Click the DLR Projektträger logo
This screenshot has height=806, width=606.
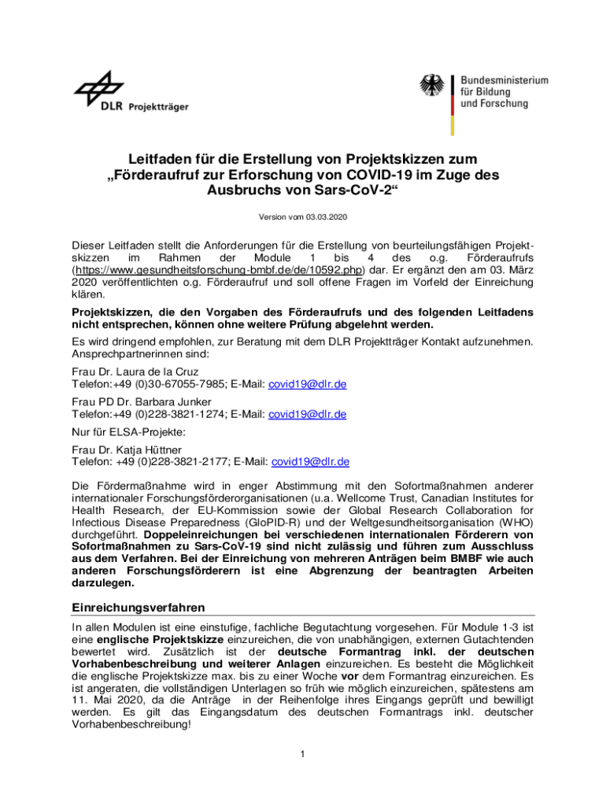click(x=131, y=93)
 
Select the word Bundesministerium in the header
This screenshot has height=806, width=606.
click(x=504, y=81)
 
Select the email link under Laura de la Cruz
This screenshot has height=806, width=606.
click(x=308, y=384)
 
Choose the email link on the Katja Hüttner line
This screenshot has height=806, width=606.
click(x=310, y=461)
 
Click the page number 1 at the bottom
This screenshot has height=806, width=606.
click(x=302, y=755)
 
